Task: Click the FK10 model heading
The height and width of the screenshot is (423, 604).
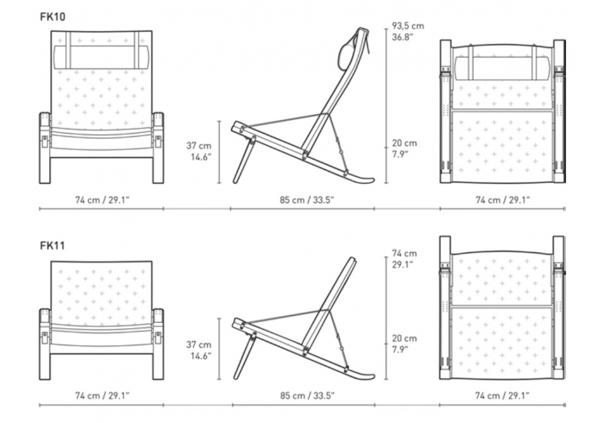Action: pyautogui.click(x=53, y=16)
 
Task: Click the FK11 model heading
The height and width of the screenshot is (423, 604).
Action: pyautogui.click(x=53, y=245)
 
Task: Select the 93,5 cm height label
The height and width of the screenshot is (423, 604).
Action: pyautogui.click(x=408, y=26)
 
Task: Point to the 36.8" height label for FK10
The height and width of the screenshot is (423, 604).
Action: pyautogui.click(x=403, y=37)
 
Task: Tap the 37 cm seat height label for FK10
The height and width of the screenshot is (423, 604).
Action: pyautogui.click(x=199, y=146)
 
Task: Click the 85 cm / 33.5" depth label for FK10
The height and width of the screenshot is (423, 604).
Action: pyautogui.click(x=307, y=200)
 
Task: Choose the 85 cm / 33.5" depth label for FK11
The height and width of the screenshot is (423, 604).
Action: pyautogui.click(x=307, y=396)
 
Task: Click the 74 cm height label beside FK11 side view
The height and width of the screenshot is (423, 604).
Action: pyautogui.click(x=405, y=253)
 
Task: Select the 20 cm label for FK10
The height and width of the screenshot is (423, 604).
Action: pyautogui.click(x=405, y=143)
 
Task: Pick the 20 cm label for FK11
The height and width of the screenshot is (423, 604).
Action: pyautogui.click(x=405, y=338)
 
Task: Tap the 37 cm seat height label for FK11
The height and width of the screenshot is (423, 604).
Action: pyautogui.click(x=199, y=345)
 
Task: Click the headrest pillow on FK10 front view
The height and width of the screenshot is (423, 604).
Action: pyautogui.click(x=101, y=57)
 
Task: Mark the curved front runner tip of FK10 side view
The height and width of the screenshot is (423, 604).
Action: pyautogui.click(x=372, y=179)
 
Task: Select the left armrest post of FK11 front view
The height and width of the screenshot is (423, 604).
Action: pyautogui.click(x=45, y=344)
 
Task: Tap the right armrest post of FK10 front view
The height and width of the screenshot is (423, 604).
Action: pyautogui.click(x=158, y=148)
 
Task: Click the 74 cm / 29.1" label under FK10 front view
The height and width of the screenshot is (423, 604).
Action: pyautogui.click(x=102, y=200)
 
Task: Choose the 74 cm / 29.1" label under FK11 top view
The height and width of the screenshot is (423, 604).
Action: pyautogui.click(x=503, y=396)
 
